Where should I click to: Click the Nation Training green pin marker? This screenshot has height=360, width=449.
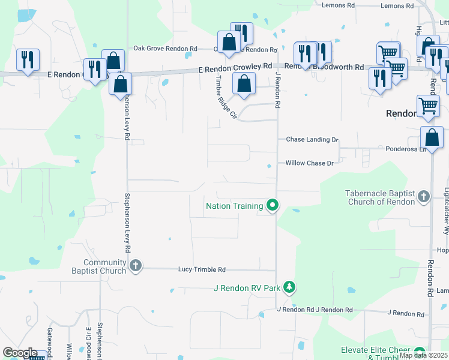[273, 206]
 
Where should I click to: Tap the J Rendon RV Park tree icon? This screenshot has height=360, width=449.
[289, 287]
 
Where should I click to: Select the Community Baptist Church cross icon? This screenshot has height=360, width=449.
[136, 266]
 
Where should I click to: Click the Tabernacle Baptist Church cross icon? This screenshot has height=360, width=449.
[424, 196]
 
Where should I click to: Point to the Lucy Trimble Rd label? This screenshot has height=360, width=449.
[202, 270]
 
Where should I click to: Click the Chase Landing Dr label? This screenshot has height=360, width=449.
[312, 139]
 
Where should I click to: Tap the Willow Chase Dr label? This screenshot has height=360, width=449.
[309, 163]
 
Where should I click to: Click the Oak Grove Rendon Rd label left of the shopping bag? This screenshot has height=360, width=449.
[165, 49]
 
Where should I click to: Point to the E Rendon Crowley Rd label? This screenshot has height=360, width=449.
[235, 70]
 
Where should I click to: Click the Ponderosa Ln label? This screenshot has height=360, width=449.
[405, 149]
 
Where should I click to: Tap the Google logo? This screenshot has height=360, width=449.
[19, 353]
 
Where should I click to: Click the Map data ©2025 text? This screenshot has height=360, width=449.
[423, 355]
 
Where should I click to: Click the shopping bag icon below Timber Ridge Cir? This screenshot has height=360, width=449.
[243, 85]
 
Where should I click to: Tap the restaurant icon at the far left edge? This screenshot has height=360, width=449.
[28, 60]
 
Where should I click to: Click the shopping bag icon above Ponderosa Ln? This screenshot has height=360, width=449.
[432, 138]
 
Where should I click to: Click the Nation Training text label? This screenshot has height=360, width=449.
[235, 206]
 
